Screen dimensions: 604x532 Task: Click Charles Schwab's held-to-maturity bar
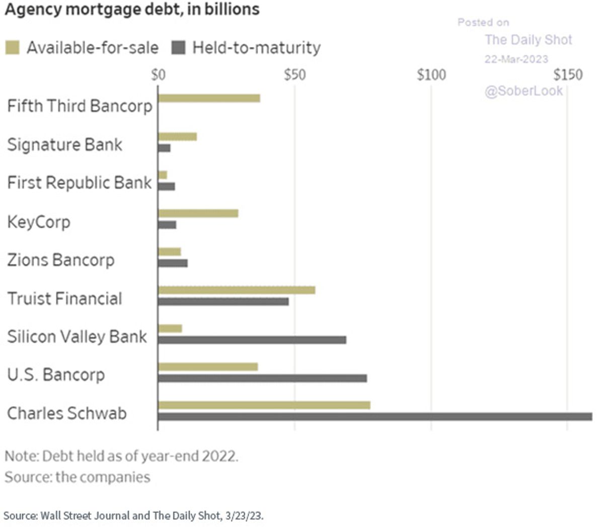coord(375,416)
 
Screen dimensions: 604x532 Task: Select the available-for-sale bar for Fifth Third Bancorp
coord(209,98)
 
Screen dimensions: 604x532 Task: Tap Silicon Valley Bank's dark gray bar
coord(252,340)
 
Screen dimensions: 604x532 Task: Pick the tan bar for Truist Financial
coord(237,290)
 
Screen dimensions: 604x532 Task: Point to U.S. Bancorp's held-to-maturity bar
coord(262,378)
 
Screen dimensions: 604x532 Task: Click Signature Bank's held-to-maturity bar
coord(164,148)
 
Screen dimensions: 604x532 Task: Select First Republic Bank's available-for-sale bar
coord(163,175)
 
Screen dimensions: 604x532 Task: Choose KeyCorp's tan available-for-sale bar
coord(198,213)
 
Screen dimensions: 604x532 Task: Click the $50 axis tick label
coord(294,75)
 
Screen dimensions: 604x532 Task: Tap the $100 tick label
coord(431,75)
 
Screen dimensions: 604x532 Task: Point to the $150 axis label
coord(568,75)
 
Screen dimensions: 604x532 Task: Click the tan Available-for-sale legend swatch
coord(12,48)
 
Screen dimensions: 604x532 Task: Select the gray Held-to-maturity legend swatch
coord(178,48)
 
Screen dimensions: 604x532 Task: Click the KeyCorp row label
coord(39,222)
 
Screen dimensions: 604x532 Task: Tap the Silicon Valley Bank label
coord(77,336)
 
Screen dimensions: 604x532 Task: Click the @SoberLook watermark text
coord(524,91)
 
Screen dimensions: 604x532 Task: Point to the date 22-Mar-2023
coord(516,59)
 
